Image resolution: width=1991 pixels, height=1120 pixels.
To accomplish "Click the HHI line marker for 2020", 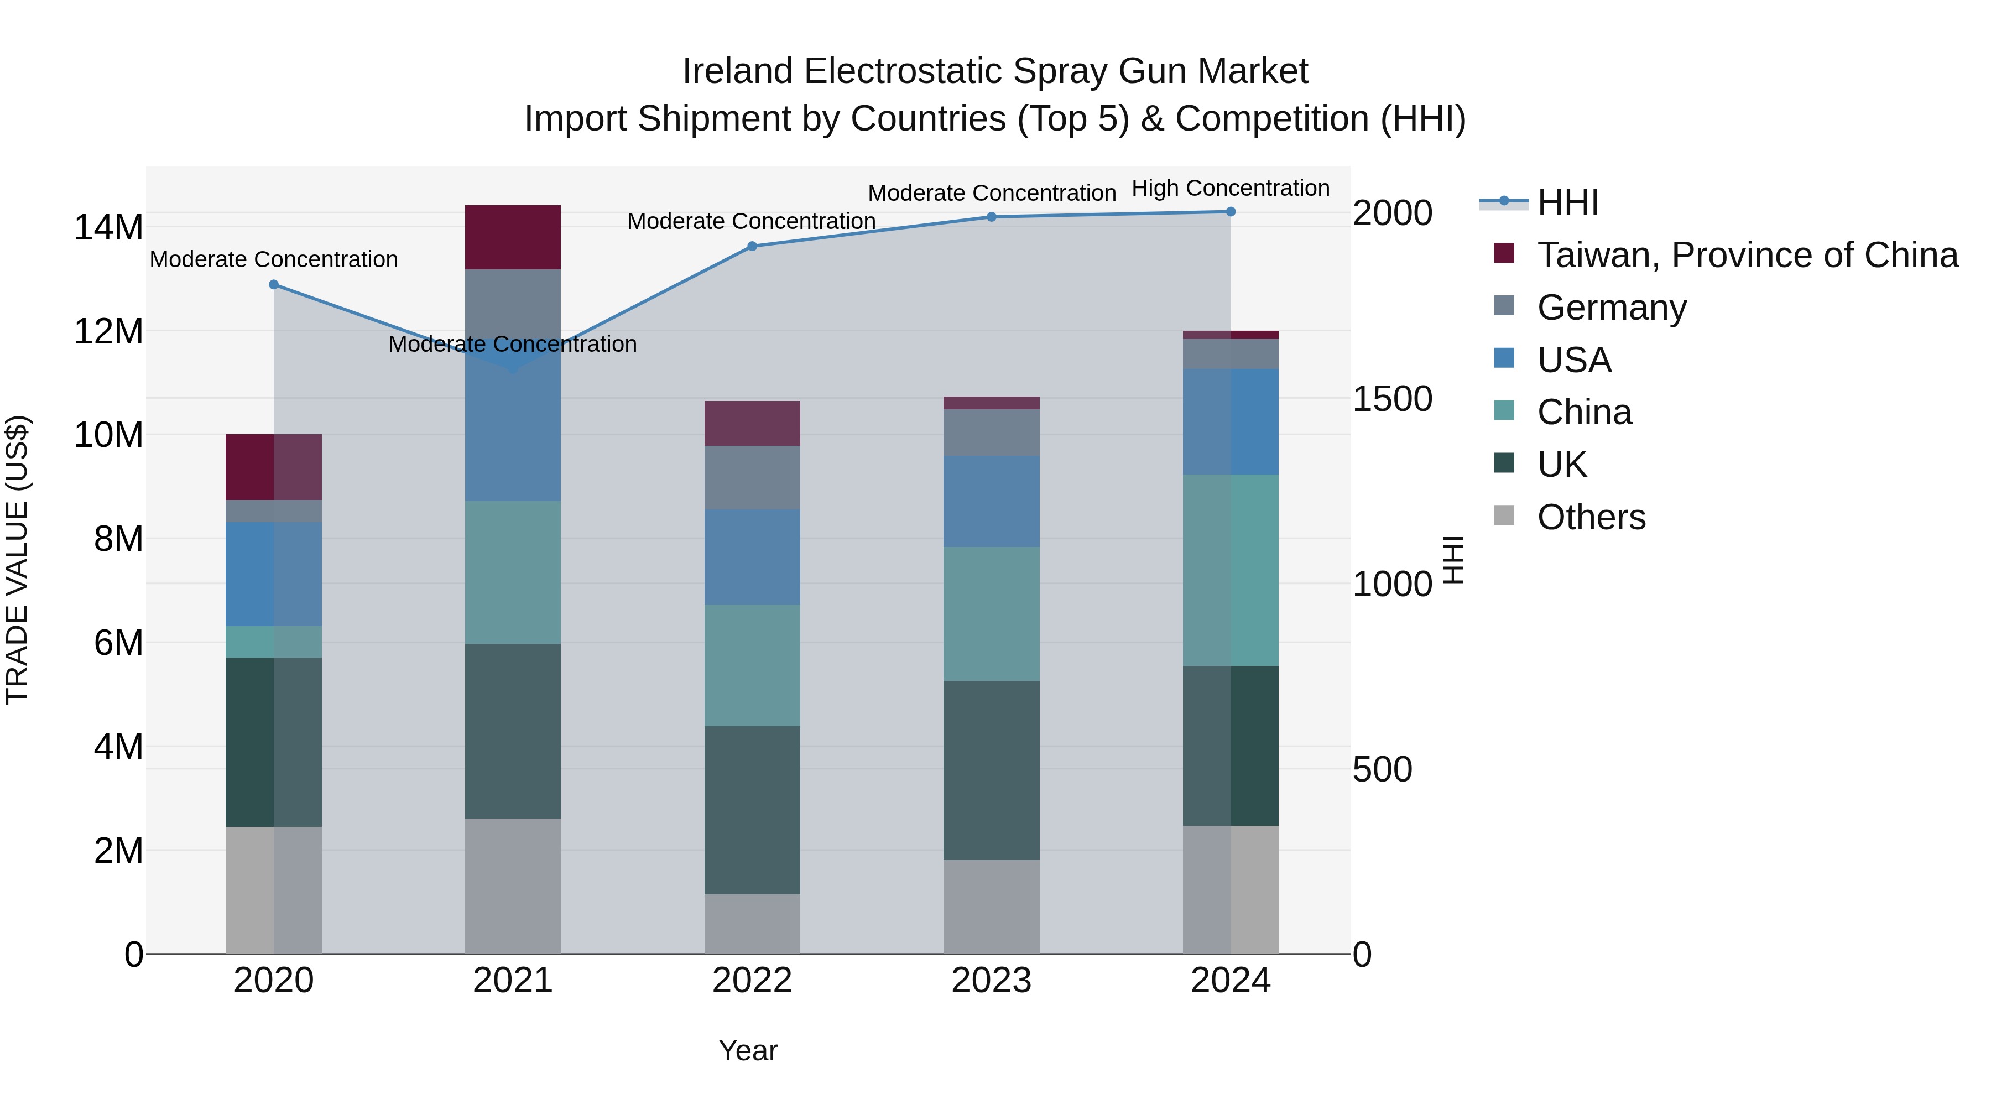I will (274, 284).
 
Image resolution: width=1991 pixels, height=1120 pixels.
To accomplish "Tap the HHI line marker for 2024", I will (1231, 212).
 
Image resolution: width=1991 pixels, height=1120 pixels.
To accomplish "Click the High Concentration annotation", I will (1231, 189).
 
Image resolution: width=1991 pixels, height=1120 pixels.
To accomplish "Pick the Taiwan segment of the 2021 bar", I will (513, 237).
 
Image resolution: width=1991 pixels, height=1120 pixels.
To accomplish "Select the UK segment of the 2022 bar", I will (752, 810).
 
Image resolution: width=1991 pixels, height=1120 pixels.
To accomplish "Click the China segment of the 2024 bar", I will (1231, 570).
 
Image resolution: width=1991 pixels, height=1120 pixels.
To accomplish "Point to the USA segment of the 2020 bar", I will (274, 574).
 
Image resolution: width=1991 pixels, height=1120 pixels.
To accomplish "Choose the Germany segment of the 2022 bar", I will (752, 478).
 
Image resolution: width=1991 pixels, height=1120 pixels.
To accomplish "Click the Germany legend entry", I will (1612, 308).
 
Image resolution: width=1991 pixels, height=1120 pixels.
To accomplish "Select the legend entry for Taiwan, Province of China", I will (1747, 255).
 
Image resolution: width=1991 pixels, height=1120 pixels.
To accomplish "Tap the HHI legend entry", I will (1567, 202).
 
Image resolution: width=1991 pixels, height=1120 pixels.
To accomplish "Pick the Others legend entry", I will (1591, 517).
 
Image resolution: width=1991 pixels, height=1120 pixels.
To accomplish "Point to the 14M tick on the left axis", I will (108, 227).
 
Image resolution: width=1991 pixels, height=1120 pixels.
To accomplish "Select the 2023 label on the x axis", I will (991, 981).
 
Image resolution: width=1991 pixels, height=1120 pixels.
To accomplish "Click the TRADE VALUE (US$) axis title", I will (17, 560).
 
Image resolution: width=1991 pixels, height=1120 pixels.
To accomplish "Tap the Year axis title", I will (747, 1050).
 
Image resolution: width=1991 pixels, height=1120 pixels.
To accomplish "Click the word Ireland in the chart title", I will (737, 71).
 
